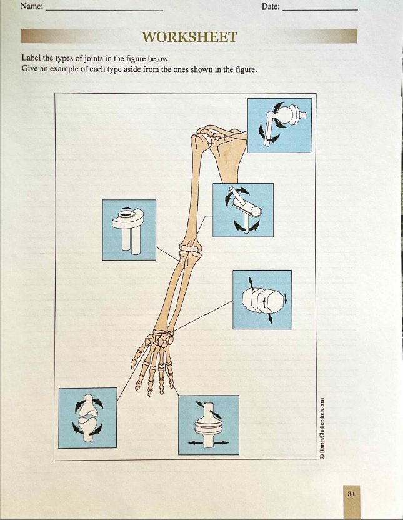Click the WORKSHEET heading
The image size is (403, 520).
[189, 37]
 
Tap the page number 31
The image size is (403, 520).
[351, 494]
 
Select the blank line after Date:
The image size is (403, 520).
[320, 10]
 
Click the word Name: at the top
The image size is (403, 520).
[32, 6]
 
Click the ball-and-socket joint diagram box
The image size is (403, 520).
[279, 125]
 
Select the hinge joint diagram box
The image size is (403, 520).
[242, 210]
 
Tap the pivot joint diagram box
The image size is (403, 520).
[129, 229]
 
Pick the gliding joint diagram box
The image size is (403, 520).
[262, 299]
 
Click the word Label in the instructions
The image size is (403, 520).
[31, 59]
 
